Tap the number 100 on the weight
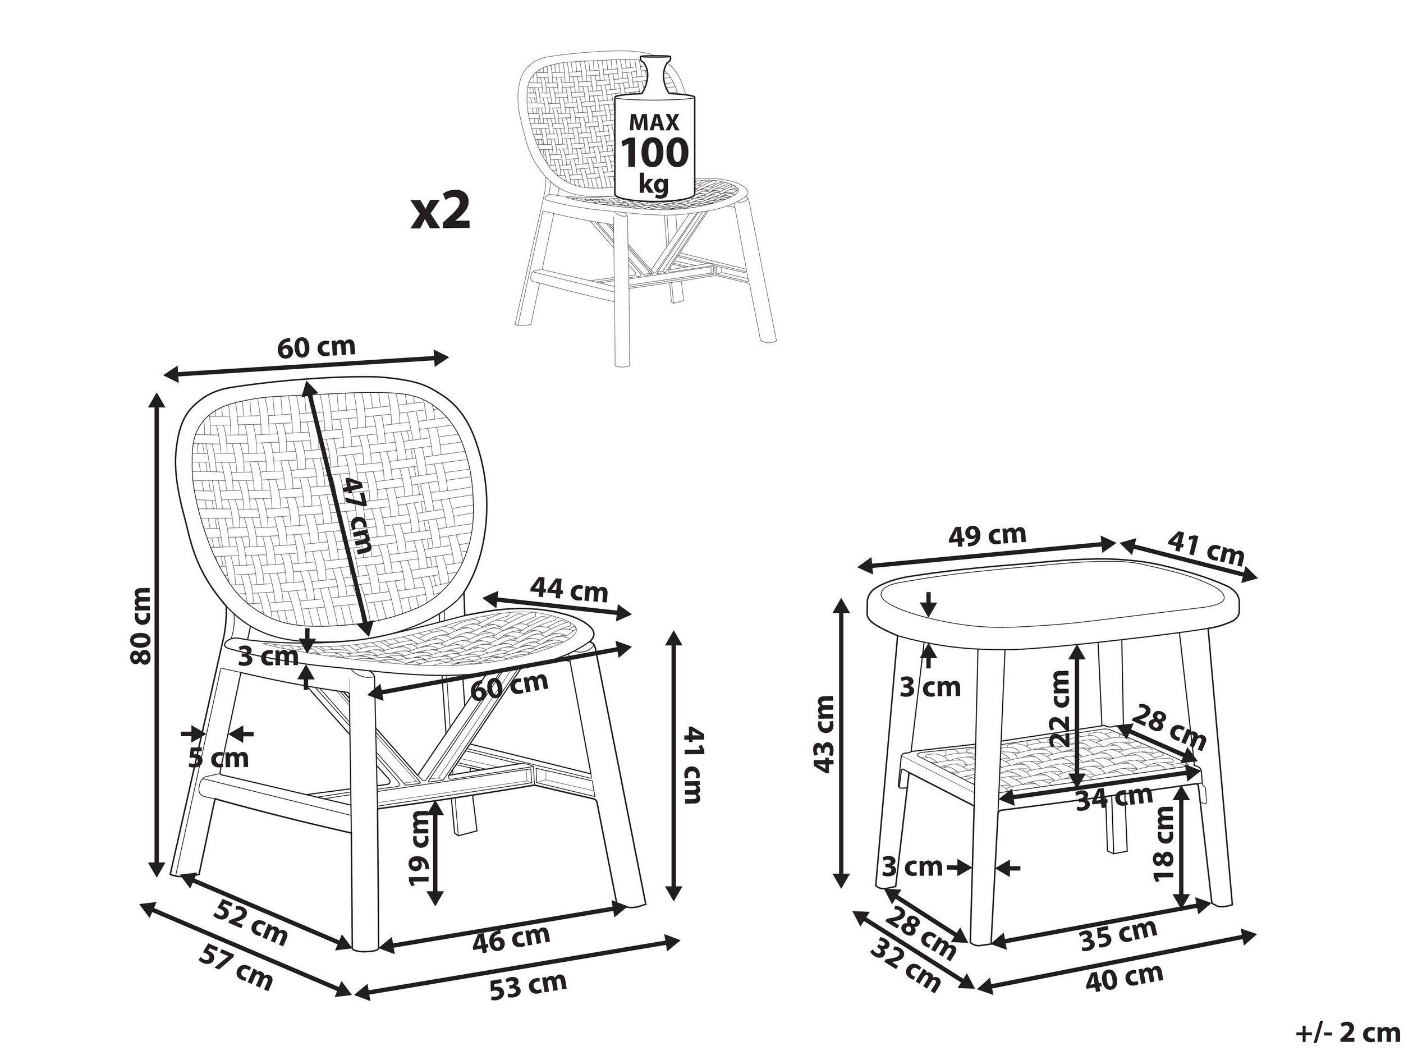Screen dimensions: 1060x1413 (x=655, y=153)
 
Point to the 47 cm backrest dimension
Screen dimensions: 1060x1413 (x=356, y=516)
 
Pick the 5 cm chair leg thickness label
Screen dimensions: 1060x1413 (x=218, y=759)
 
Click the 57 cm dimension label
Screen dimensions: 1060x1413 (x=236, y=967)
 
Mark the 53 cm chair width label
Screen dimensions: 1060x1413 (x=528, y=985)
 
